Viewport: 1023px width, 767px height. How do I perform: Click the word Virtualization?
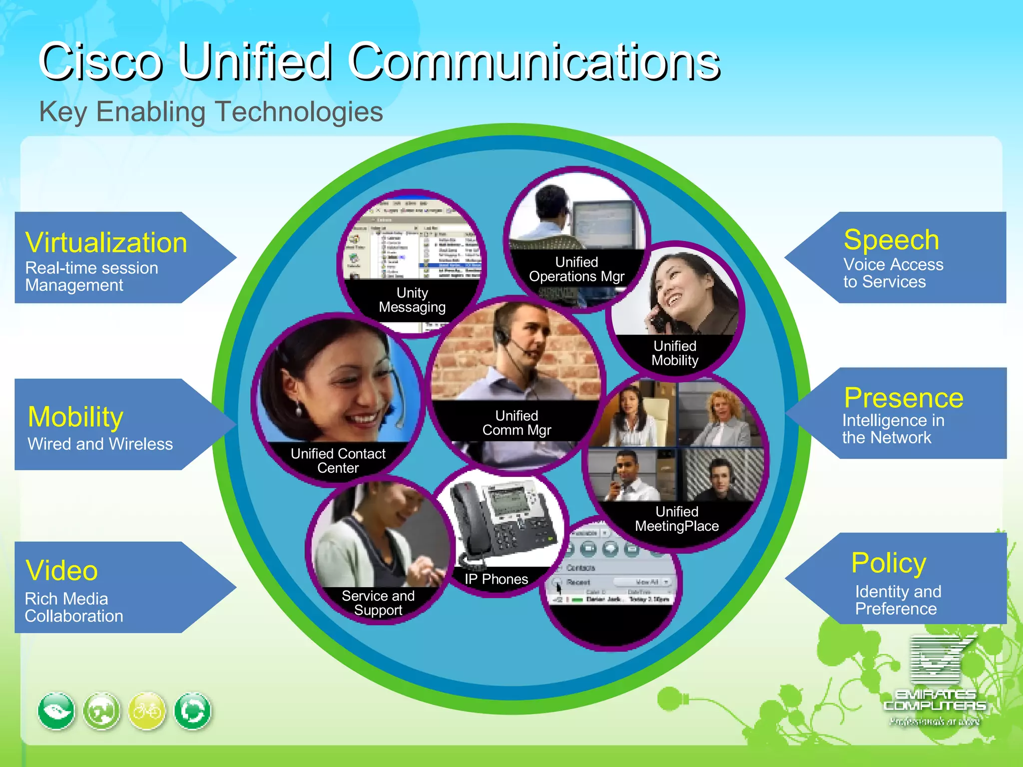coord(106,243)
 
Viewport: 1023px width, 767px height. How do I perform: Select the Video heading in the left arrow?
coord(61,570)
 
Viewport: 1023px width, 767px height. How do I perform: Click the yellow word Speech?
coord(891,240)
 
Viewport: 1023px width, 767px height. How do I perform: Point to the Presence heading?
coord(903,398)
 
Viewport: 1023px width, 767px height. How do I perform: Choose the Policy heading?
coord(889,563)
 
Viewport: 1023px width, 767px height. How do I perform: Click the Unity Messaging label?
coord(412,300)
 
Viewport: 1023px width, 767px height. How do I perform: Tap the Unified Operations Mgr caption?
coord(576,269)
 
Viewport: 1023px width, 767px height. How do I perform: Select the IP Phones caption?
coord(496,579)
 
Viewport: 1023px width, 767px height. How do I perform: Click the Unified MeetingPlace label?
coord(677,519)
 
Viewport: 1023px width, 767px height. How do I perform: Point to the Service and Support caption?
coord(378,603)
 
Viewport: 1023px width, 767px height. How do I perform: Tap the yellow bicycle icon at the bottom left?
coord(147,711)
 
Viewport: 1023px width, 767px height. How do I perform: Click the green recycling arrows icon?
coord(192,711)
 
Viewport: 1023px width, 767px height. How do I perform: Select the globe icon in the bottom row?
coord(102,711)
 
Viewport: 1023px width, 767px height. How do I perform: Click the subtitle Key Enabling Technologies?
coord(211,111)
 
